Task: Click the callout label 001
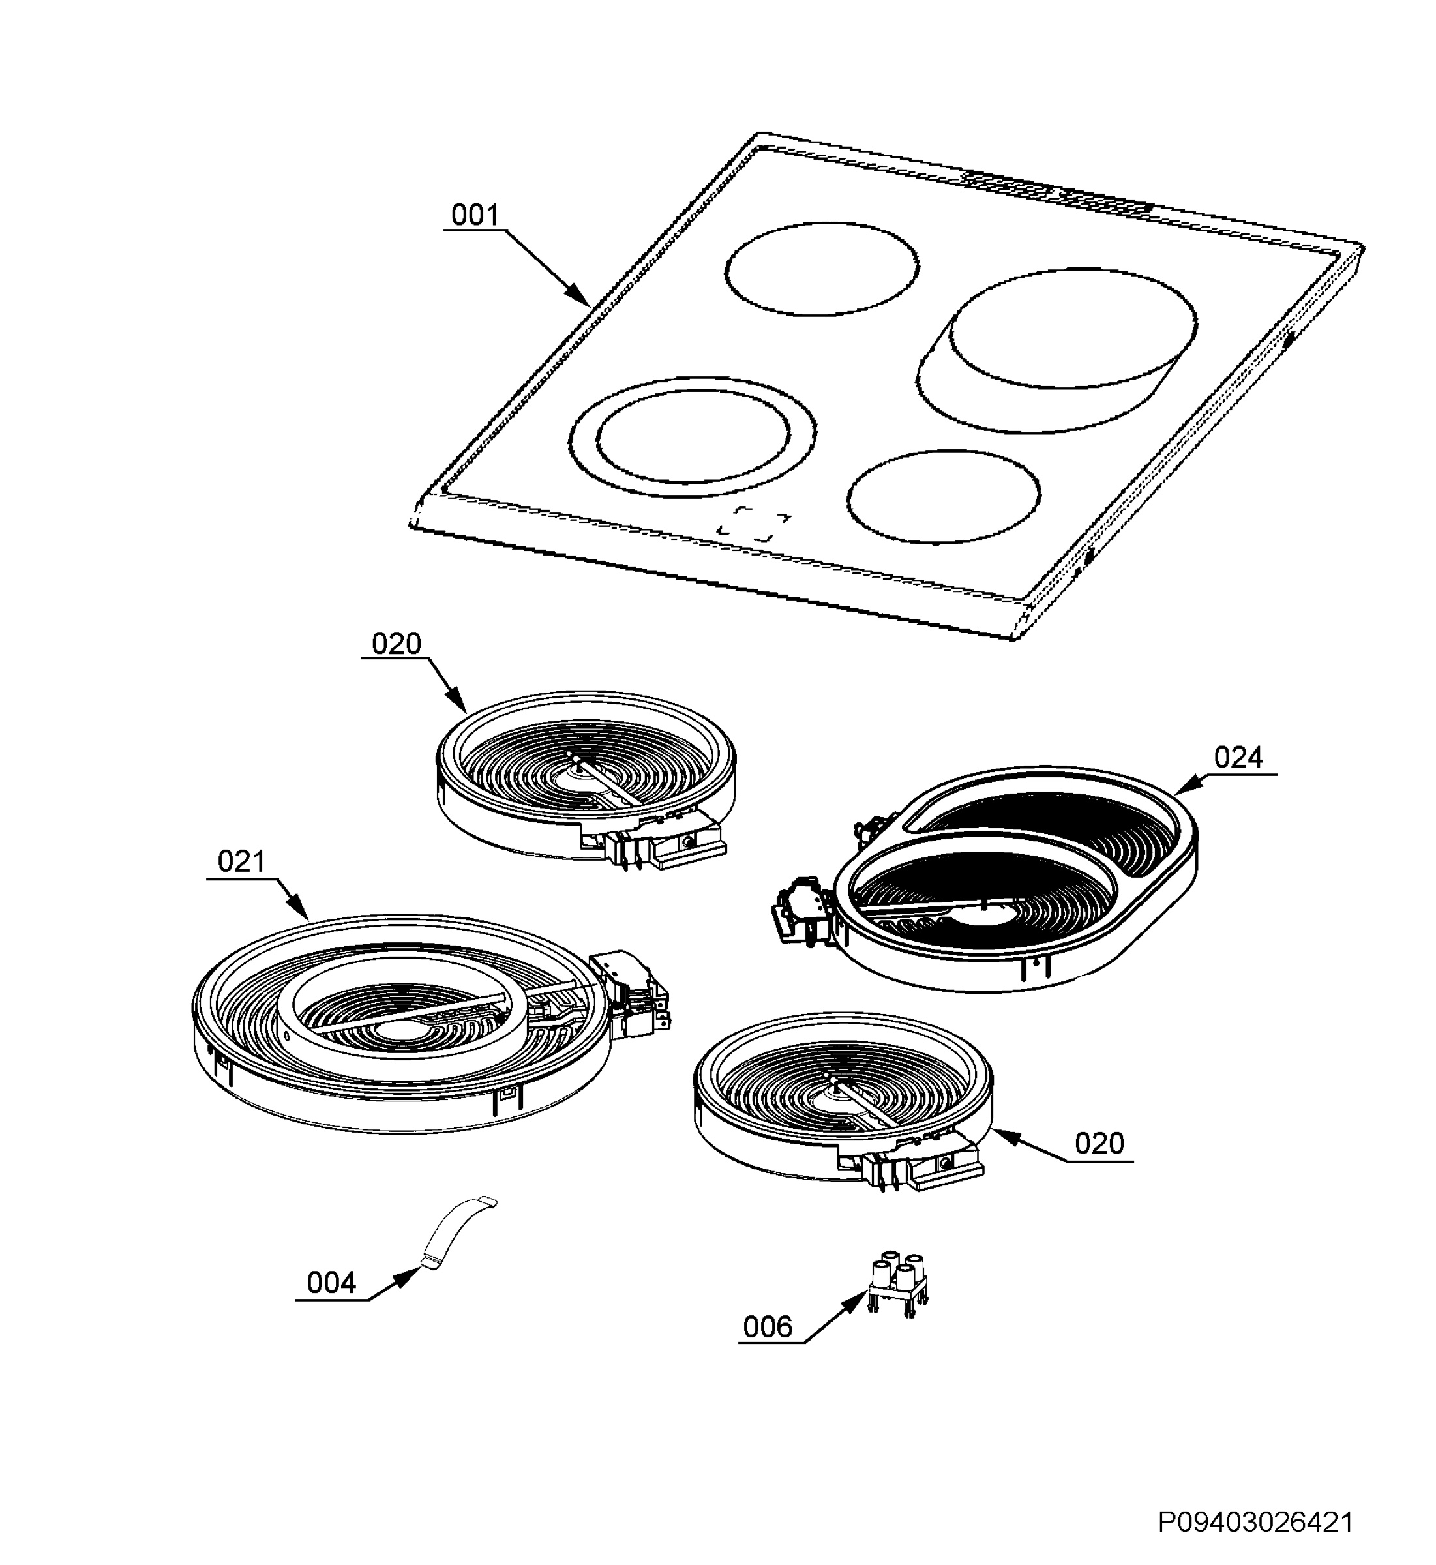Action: [475, 215]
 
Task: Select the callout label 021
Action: [242, 862]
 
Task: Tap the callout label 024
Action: [1238, 757]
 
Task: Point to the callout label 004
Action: [331, 1283]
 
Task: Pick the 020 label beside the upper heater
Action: [396, 644]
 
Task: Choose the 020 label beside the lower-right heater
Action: [1099, 1144]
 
